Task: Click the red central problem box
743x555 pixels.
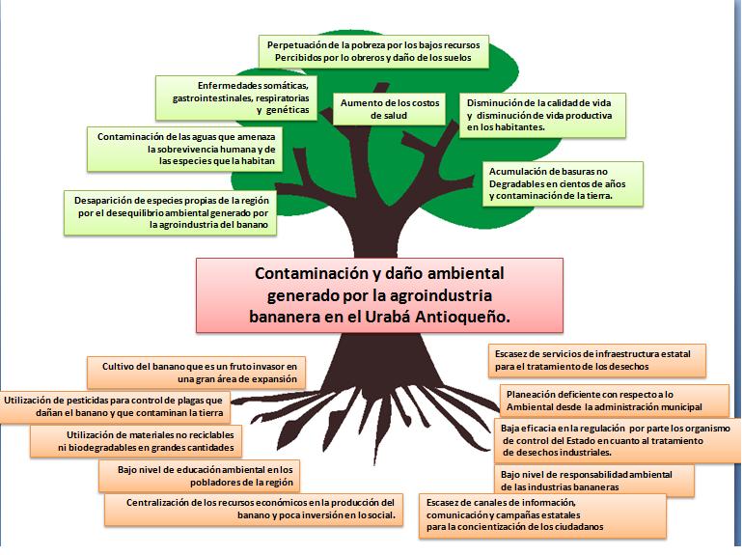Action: click(379, 294)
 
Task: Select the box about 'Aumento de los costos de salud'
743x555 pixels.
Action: click(389, 109)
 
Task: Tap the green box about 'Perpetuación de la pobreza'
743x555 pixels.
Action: click(373, 51)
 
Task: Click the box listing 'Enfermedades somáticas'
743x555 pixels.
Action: click(236, 97)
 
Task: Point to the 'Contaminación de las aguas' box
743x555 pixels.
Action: click(184, 149)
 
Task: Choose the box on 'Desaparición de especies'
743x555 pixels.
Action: click(170, 212)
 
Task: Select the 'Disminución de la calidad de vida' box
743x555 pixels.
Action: click(542, 115)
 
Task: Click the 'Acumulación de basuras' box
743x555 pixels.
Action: click(563, 184)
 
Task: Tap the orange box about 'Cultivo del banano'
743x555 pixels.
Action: click(196, 373)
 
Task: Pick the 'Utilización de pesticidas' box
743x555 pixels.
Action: click(115, 406)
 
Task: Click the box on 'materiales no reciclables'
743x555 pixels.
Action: click(135, 441)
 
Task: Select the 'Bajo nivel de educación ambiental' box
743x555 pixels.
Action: click(199, 476)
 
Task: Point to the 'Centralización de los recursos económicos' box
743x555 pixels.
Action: click(254, 509)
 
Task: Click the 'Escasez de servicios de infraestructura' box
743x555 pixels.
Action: click(597, 360)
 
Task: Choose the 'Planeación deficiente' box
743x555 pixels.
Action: click(615, 401)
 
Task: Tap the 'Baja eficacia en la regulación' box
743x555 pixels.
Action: click(618, 440)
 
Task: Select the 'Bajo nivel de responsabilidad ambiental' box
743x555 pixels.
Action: click(594, 481)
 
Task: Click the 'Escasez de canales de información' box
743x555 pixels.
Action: click(542, 515)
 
